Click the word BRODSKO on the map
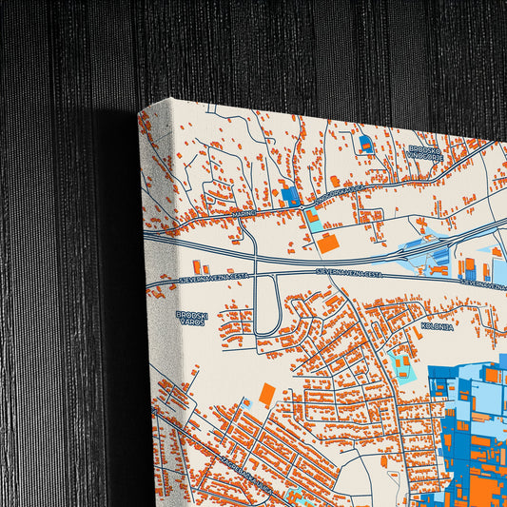click(424, 148)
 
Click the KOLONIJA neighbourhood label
click(436, 325)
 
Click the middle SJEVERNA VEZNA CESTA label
click(353, 273)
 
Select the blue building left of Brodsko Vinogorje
click(365, 145)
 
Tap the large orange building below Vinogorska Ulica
click(328, 243)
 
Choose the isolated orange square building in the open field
click(267, 393)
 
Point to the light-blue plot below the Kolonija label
click(398, 362)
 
